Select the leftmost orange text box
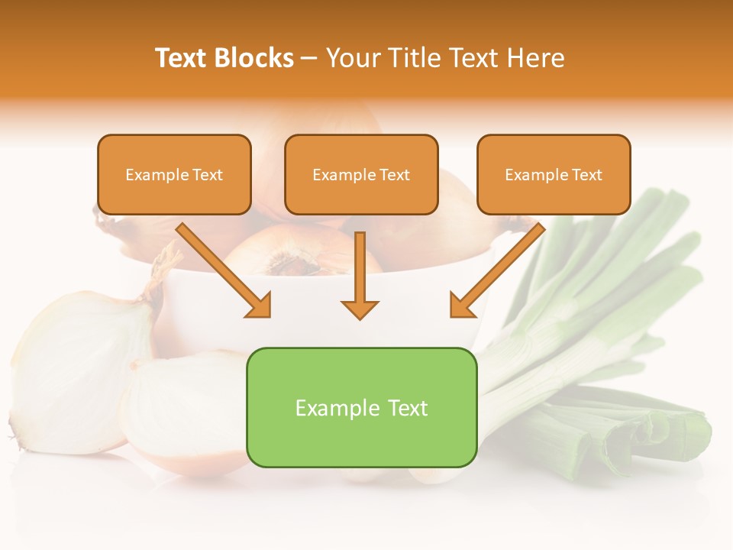tap(174, 175)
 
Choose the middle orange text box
tap(361, 175)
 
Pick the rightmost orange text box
tap(554, 175)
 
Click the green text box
tap(361, 407)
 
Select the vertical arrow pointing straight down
tap(360, 275)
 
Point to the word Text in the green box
tap(406, 408)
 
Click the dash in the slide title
tap(309, 59)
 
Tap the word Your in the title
tap(352, 58)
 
